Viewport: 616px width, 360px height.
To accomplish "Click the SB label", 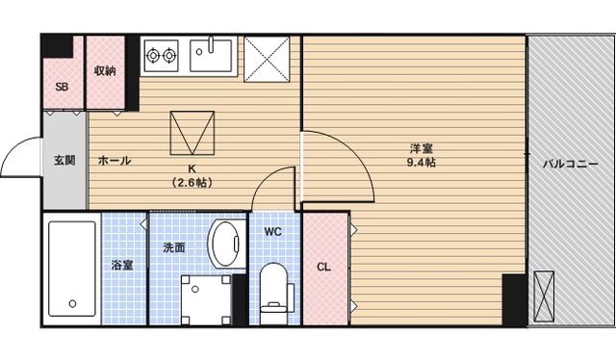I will tap(62, 87).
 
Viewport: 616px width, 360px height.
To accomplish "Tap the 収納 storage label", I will tap(105, 70).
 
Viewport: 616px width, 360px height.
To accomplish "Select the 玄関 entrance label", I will tap(64, 160).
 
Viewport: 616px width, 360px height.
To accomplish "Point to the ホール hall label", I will tap(115, 161).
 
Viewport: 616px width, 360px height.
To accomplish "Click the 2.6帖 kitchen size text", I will tap(192, 182).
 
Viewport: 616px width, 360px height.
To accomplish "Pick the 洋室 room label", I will tap(421, 148).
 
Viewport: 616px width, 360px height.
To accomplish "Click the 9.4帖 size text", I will tap(421, 163).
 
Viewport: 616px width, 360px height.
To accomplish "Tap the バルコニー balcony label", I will tap(571, 164).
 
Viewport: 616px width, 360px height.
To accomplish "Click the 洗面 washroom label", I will tap(173, 247).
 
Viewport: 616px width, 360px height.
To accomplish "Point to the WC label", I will tap(272, 232).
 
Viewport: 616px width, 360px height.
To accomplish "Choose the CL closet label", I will tap(323, 268).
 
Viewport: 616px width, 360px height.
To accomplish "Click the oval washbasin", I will tap(226, 243).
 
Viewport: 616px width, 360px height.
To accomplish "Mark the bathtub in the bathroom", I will tap(72, 269).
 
